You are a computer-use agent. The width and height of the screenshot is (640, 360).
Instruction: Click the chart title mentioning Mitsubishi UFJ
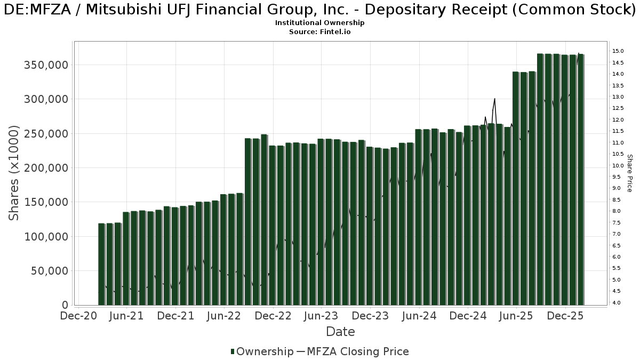[319, 10]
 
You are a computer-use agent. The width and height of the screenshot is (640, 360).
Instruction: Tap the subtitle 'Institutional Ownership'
[319, 23]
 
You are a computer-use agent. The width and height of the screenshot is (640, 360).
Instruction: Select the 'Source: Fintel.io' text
[319, 32]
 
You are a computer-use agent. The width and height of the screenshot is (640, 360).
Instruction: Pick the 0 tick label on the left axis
[65, 305]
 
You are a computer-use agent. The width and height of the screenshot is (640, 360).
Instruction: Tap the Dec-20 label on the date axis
[78, 316]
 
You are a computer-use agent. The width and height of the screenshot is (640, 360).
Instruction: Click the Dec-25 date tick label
[565, 316]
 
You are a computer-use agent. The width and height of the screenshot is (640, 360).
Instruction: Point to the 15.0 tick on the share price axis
[618, 51]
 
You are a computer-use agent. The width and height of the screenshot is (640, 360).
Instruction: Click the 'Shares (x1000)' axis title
[14, 173]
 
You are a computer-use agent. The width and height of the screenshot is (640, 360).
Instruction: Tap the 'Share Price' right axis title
[629, 173]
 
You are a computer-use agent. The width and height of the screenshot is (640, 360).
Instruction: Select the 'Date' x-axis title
[340, 332]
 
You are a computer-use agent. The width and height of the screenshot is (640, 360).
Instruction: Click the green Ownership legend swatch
[233, 351]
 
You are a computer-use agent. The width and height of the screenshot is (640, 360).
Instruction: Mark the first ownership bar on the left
[101, 264]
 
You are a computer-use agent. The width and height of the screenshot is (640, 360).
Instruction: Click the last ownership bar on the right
[581, 179]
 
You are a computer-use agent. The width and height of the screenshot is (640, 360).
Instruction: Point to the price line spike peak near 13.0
[495, 99]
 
